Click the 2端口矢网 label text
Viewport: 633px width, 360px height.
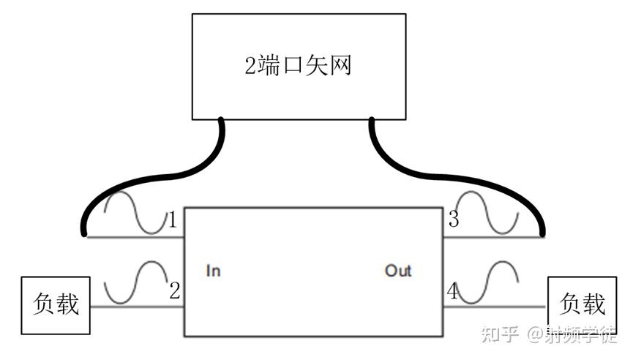299,67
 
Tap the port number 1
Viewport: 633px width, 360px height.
173,220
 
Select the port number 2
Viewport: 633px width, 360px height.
174,290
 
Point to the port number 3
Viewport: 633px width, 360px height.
454,219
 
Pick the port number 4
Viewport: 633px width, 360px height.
453,292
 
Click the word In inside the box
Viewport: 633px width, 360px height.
213,271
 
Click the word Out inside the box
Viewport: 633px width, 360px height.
398,271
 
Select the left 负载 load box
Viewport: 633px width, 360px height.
56,305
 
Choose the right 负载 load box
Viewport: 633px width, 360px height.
583,304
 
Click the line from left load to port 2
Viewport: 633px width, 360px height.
138,307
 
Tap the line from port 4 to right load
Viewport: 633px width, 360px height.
498,307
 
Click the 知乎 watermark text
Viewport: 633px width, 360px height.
499,335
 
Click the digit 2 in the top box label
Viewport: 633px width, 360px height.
250,67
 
